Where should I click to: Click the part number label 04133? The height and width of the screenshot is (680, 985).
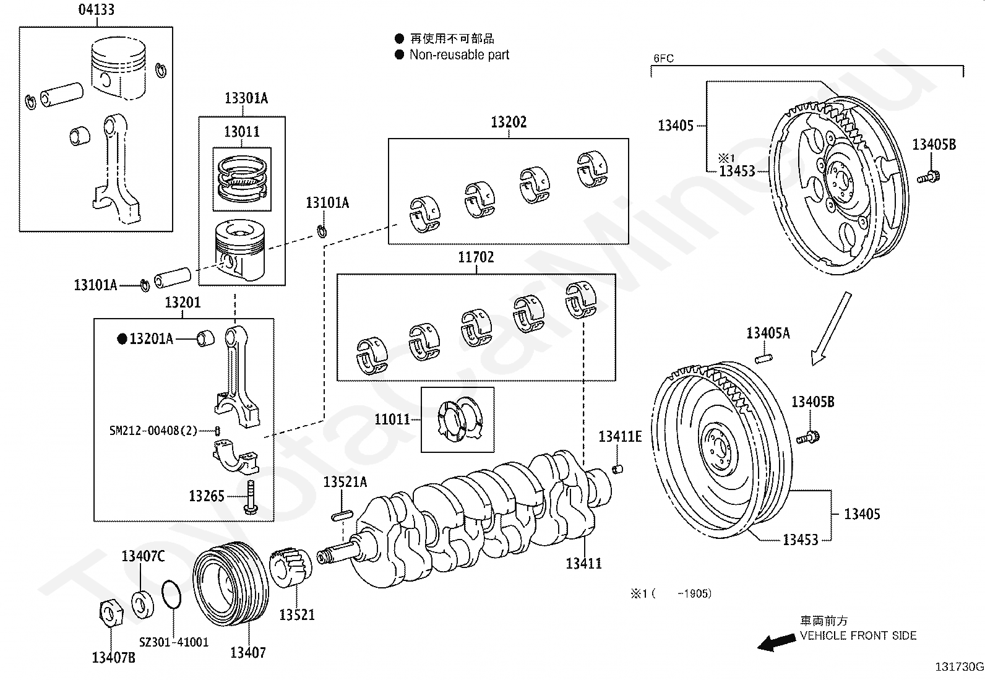tap(97, 10)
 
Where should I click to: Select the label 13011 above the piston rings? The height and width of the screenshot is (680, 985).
tap(242, 132)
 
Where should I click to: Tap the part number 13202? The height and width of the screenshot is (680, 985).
tap(509, 122)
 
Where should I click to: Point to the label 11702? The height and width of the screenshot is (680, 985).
tap(476, 257)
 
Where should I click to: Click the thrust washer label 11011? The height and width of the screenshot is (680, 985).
tap(392, 419)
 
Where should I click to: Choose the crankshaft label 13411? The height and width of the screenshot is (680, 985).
tap(583, 564)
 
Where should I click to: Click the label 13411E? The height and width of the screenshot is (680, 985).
tap(620, 437)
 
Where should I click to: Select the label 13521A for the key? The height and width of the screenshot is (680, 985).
tap(345, 482)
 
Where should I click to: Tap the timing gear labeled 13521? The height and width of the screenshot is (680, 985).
tap(291, 567)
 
